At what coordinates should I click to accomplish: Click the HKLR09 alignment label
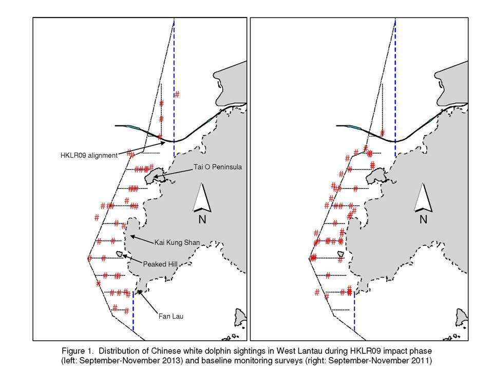coord(89,155)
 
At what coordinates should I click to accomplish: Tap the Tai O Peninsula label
coord(218,167)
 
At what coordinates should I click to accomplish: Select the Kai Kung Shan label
coord(177,243)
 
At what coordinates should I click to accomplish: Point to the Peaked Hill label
coord(160,264)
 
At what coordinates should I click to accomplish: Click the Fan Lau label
coord(170,316)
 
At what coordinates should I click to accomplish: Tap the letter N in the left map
coord(202,219)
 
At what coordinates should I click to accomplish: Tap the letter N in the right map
coord(424,219)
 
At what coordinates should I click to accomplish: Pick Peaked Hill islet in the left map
coord(119,253)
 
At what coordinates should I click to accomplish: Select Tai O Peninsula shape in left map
coord(155,176)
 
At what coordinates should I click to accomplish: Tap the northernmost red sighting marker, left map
coord(177,94)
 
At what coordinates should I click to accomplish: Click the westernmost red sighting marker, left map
coord(89,258)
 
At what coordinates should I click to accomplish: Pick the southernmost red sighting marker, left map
coord(126,311)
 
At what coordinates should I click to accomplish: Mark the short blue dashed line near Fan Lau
coord(134,311)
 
